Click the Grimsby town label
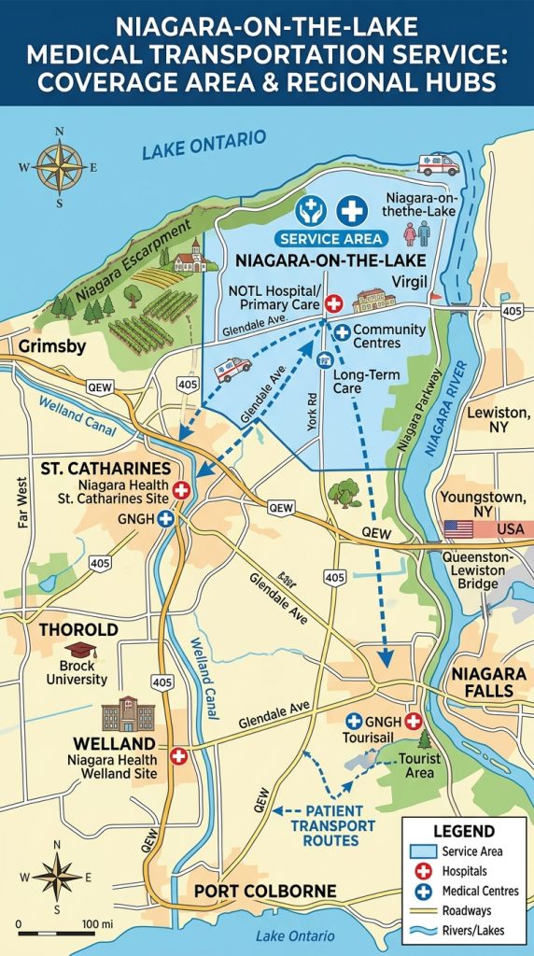coord(49,347)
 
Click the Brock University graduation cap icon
coord(75,651)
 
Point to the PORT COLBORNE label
coord(264,892)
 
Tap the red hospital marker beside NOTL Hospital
coord(333,303)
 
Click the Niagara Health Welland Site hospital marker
coord(177,756)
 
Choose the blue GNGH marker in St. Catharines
coord(166,518)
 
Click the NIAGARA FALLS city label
coord(482,682)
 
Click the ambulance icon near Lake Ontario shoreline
coord(438,164)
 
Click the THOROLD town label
coord(78,629)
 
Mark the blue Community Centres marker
coord(343,331)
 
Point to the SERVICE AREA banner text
coord(324,239)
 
